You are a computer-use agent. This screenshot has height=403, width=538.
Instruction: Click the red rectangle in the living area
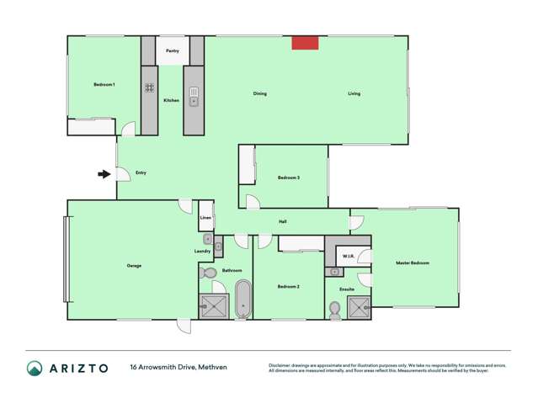tap(305, 43)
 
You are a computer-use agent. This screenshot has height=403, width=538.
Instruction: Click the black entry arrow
tap(104, 174)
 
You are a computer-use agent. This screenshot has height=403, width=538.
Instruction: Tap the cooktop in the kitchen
tap(149, 87)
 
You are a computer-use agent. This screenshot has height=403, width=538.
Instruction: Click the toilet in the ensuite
tap(334, 310)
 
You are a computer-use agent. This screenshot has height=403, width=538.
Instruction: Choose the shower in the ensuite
tap(360, 308)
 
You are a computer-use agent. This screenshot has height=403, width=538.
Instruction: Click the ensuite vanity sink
tap(334, 273)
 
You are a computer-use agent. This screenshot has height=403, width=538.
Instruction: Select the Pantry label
tap(172, 51)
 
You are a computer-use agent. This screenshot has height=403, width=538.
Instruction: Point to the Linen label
tap(205, 219)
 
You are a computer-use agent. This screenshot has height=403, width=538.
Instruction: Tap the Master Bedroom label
tap(413, 263)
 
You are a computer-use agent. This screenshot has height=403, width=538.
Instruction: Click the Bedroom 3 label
tap(289, 178)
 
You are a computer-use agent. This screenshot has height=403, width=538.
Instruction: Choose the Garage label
tap(134, 266)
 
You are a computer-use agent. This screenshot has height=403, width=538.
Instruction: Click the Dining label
tap(260, 93)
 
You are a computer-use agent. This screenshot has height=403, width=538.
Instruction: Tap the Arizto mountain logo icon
tap(35, 368)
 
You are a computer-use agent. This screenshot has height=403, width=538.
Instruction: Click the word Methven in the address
tap(214, 368)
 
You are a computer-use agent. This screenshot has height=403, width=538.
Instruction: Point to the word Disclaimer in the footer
tap(280, 365)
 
